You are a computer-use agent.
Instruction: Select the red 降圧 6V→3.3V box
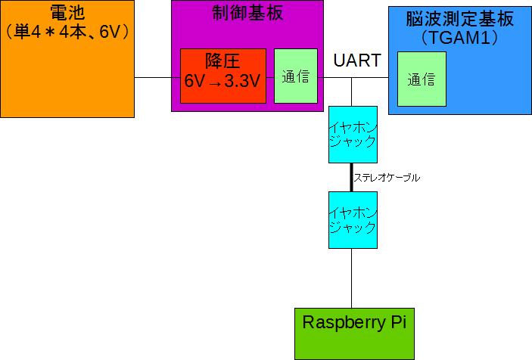click(222, 76)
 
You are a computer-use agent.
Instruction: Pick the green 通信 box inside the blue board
click(421, 79)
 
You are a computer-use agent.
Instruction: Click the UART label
click(356, 61)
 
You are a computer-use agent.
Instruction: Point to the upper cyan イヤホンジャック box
click(353, 134)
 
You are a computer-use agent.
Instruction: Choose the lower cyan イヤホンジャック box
click(353, 219)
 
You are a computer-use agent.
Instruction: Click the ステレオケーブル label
click(387, 178)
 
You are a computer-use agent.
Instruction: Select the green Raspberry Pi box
click(354, 333)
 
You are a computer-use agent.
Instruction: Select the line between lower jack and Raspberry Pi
click(352, 278)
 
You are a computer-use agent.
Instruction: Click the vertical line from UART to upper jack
click(352, 91)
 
